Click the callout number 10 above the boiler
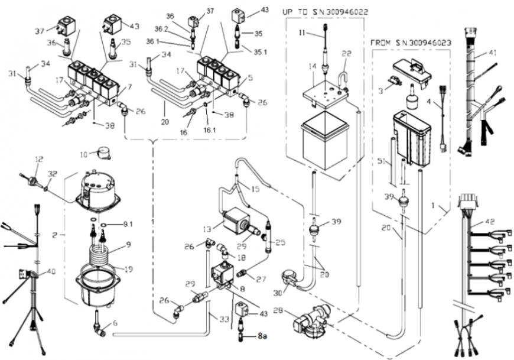point(84,154)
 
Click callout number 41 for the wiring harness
point(492,54)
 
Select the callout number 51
point(381,161)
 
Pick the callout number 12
point(39,160)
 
